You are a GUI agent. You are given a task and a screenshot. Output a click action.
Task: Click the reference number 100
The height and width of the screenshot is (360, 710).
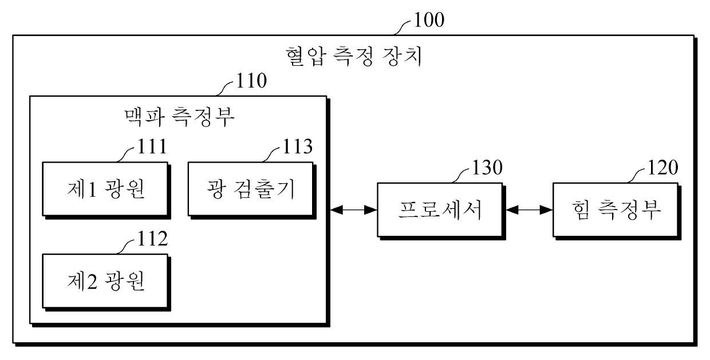pos(428,21)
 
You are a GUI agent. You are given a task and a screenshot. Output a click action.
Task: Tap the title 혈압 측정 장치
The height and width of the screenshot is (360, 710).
pos(354,57)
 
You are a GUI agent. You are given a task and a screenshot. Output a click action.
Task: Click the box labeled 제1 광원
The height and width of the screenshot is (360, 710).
pos(105,189)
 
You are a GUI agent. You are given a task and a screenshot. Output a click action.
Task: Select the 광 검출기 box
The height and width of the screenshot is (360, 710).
pos(251,189)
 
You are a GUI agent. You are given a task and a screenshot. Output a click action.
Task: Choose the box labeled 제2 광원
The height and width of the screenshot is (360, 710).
pos(105,280)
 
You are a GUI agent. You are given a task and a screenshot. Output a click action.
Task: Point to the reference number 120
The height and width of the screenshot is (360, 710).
pos(662,168)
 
